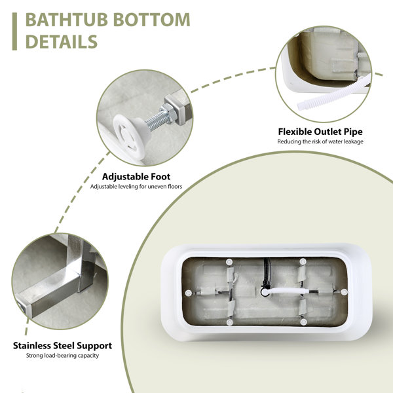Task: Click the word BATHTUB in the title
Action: (67, 20)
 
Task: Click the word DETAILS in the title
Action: (62, 42)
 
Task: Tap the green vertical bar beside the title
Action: (14, 31)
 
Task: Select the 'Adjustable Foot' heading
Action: (136, 177)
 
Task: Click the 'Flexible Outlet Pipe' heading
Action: (320, 132)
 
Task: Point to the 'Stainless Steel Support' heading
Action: (62, 346)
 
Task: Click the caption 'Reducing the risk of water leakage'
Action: (320, 141)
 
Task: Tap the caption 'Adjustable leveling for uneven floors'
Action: (136, 187)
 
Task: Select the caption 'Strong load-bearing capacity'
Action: (62, 356)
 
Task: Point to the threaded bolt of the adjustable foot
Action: (157, 120)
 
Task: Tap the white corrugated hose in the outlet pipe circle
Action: (331, 93)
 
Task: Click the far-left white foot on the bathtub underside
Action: (189, 293)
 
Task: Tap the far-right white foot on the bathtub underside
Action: (344, 291)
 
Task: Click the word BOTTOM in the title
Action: (152, 20)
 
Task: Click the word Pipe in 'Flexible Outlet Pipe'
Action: (353, 132)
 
